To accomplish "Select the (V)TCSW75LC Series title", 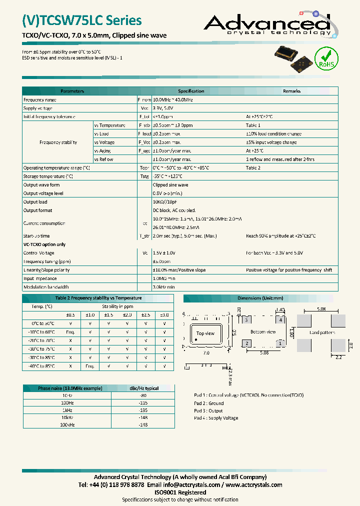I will point(82,20).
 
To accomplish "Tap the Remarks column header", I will point(291,91).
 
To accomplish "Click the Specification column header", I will point(191,91).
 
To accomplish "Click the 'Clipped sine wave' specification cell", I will point(170,185).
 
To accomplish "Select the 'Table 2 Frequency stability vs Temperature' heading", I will point(98,298).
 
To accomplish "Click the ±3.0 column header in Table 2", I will point(164,314).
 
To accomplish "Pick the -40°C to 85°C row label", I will point(41,366).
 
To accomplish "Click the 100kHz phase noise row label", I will point(67,424).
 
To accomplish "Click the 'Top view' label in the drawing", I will point(205,333).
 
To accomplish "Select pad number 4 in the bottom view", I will point(281,319).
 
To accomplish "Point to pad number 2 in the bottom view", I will point(246,343).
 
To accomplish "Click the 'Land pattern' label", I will point(322,332).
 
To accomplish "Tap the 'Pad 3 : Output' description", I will point(208,410).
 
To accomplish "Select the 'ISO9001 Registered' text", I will point(180,492).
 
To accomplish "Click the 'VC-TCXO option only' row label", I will point(44,244).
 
